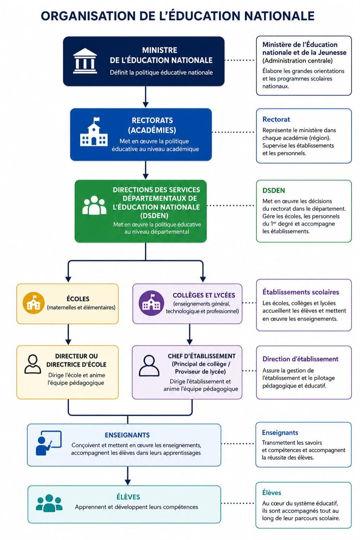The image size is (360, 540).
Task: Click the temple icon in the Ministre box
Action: (85, 61)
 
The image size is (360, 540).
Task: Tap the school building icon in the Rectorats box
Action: (94, 132)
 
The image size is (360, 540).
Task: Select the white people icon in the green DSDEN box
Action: (94, 205)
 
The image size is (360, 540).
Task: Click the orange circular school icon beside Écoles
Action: (33, 303)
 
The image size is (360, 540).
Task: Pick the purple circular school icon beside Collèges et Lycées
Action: (151, 303)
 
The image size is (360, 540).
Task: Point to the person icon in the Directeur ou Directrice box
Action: (33, 364)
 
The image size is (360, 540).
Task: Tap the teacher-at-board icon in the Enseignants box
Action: (49, 443)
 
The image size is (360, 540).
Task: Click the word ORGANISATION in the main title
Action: (88, 16)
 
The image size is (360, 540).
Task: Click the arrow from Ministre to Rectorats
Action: (146, 97)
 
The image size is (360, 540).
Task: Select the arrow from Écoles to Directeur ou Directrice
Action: (68, 334)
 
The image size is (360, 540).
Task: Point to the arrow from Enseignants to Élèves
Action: (128, 476)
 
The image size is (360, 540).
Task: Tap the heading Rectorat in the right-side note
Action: (276, 119)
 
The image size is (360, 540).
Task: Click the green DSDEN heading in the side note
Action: (274, 190)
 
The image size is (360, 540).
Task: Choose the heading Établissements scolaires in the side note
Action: (301, 292)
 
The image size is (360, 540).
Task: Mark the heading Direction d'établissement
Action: (301, 359)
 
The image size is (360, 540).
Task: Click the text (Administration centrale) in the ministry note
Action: (297, 61)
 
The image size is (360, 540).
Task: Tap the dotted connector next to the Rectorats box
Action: (233, 132)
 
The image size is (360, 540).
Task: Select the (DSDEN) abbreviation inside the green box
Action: (154, 216)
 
